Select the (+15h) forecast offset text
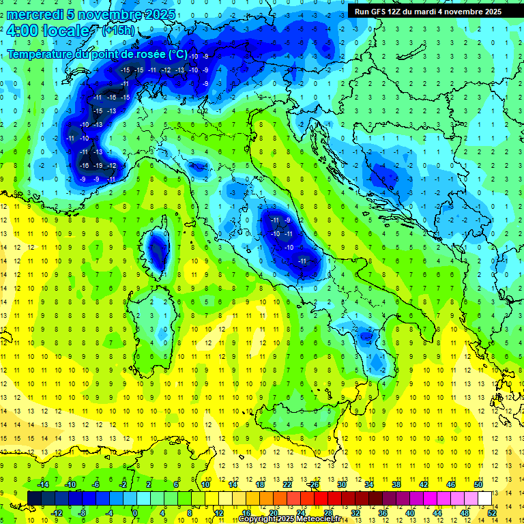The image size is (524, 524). point(118,31)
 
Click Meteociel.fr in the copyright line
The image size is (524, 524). point(321,519)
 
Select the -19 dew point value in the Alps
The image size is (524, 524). point(98,166)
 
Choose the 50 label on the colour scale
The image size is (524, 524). point(479,484)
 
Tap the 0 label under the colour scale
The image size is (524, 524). point(135,512)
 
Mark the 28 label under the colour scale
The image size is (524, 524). point(328,512)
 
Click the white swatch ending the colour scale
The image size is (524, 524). point(485,498)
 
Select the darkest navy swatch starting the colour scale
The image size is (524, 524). point(34,498)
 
